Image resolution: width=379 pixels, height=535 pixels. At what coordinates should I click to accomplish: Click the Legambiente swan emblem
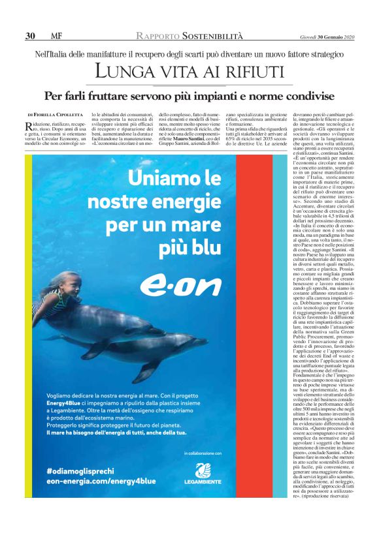[x=203, y=469]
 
